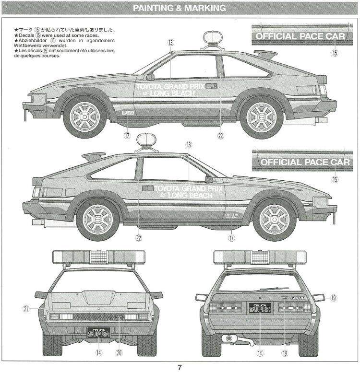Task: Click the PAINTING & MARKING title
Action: click(179, 8)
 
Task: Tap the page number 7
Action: click(180, 367)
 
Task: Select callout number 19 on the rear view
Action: click(333, 298)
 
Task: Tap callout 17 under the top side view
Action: click(127, 136)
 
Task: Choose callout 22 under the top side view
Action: click(220, 136)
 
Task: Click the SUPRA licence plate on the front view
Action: click(99, 332)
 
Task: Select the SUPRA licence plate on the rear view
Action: click(260, 308)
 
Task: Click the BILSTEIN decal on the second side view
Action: click(231, 216)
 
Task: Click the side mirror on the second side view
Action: click(209, 179)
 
